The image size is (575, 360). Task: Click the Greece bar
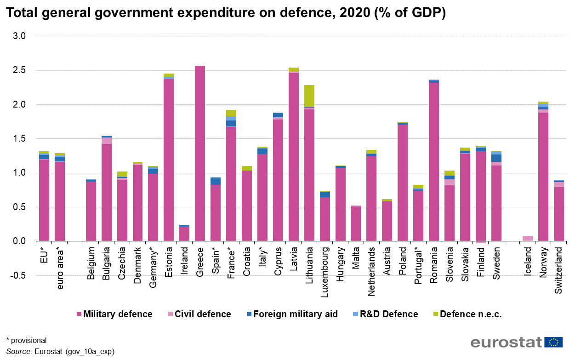coord(200,154)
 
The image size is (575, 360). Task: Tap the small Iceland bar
coord(527,238)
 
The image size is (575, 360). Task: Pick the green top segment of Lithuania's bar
coord(309,96)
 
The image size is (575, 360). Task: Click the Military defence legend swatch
coord(79,314)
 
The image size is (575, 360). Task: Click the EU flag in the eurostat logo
coord(554,342)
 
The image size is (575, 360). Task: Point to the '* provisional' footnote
coord(27,341)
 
